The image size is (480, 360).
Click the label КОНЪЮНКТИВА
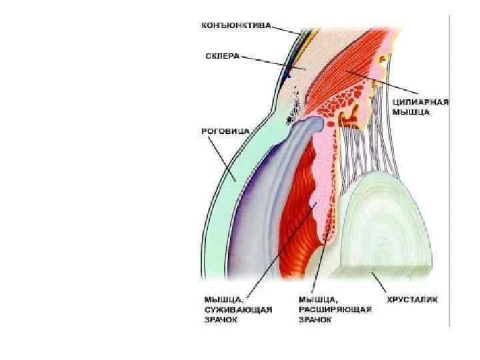point(236,27)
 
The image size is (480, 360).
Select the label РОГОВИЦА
point(219,131)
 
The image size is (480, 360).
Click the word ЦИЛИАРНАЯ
point(427,102)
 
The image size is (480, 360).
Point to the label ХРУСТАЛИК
point(413,299)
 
